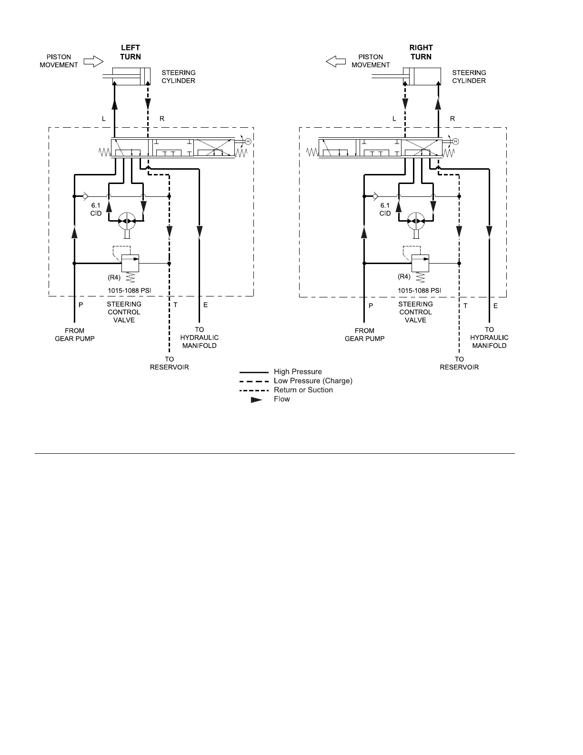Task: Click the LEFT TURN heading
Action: pos(130,52)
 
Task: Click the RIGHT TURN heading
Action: pos(421,52)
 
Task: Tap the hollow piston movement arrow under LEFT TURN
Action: pos(93,61)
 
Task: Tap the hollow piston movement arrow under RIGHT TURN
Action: pos(336,61)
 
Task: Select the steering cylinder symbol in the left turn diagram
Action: pos(131,77)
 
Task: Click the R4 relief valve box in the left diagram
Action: pos(130,262)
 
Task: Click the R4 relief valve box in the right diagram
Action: pos(420,262)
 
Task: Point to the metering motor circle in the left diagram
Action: pos(126,221)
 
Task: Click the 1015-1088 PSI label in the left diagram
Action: pos(130,290)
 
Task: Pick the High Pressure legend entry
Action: pos(298,372)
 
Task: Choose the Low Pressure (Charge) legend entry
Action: pos(313,381)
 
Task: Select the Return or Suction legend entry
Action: pos(303,390)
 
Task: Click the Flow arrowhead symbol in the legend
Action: pos(257,400)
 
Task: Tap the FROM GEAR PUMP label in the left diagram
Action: pos(75,335)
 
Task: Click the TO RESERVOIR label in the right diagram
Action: pos(459,363)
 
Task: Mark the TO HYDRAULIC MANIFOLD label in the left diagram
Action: pos(199,337)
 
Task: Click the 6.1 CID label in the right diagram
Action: pos(385,209)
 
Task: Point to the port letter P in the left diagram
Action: pos(81,305)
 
